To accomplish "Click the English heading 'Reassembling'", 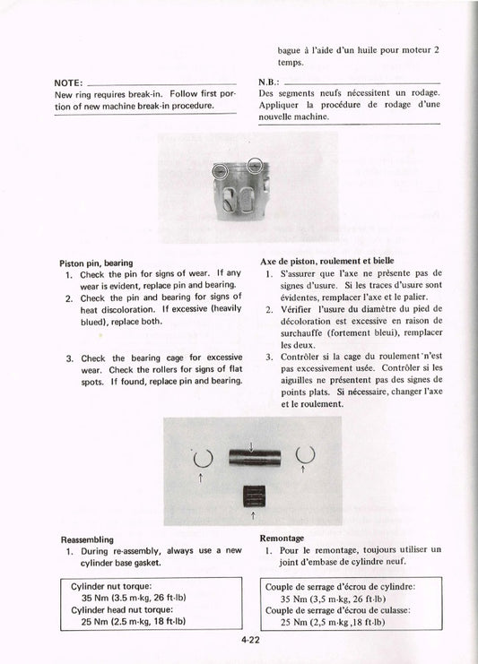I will [x=86, y=539].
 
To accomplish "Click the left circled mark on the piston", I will [x=220, y=170].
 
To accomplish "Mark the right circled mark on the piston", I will [x=256, y=165].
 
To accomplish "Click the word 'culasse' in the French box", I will [x=402, y=609].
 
